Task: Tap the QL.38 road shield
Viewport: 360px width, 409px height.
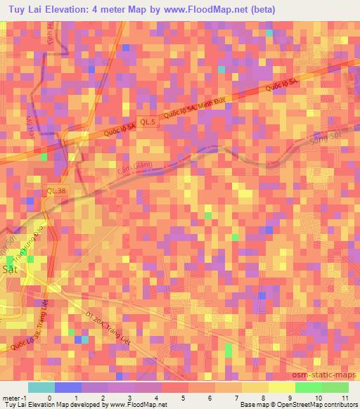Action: (56, 190)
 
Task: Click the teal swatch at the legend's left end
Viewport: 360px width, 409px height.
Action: (41, 387)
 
